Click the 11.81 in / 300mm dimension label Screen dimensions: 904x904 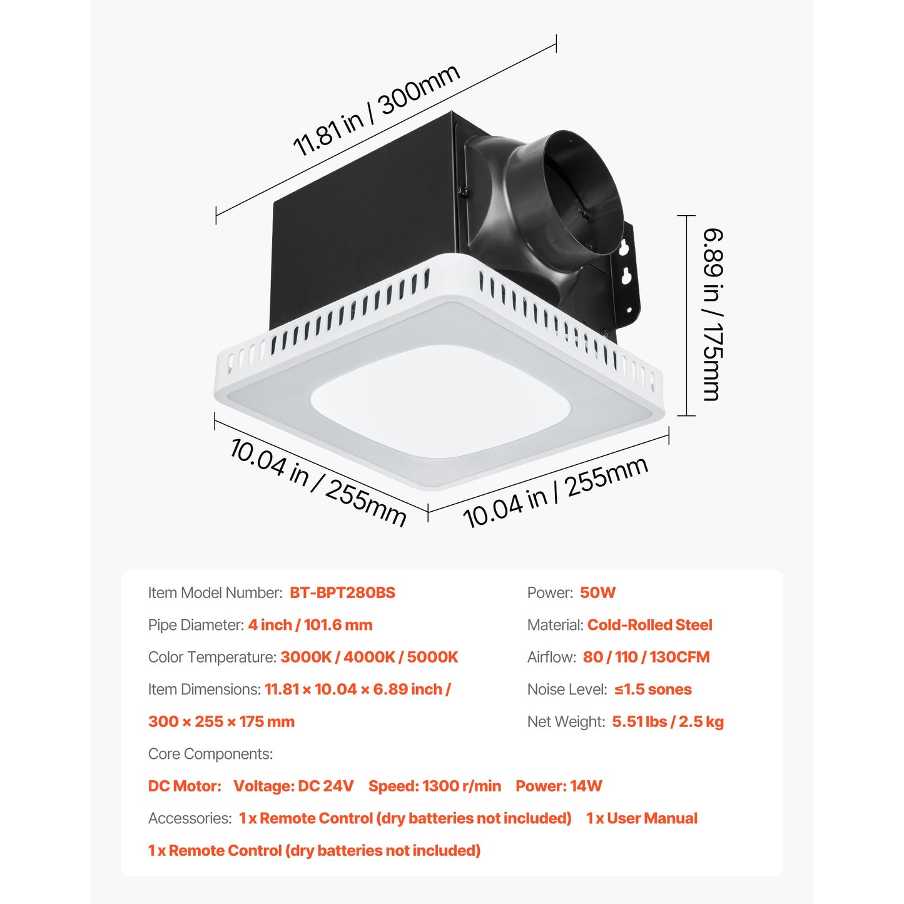click(376, 109)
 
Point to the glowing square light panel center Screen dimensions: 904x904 click(440, 402)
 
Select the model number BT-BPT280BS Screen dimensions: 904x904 click(342, 592)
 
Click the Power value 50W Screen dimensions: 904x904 click(597, 592)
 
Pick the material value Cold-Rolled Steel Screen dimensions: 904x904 click(650, 625)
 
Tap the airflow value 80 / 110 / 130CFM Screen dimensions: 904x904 click(646, 657)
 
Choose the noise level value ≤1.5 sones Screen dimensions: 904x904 click(653, 689)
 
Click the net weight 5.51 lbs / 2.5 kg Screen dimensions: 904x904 click(668, 721)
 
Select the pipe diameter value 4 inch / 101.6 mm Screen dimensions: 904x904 click(310, 625)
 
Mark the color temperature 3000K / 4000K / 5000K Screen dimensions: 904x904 click(369, 657)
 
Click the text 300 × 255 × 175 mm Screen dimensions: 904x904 click(221, 721)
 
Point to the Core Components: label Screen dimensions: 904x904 click(211, 754)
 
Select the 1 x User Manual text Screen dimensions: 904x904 click(642, 818)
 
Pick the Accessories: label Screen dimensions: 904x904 click(190, 818)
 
